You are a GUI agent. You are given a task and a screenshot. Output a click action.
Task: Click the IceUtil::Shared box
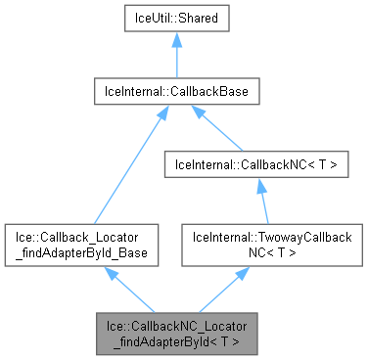click(x=177, y=19)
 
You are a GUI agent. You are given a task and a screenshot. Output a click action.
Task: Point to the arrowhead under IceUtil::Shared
click(x=177, y=41)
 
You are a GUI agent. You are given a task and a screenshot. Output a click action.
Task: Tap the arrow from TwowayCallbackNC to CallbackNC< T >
click(x=263, y=204)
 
